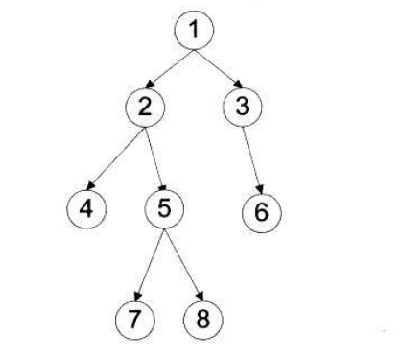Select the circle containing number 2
point(145,108)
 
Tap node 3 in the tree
point(242,108)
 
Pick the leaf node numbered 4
point(87,205)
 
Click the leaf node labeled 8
point(201,318)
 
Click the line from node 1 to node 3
point(219,70)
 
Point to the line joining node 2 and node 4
point(119,153)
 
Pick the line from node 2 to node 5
point(154,156)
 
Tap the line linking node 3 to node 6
point(251,156)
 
